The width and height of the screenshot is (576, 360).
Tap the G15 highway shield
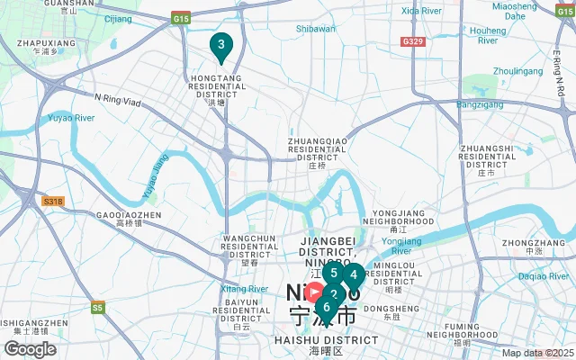[183, 18]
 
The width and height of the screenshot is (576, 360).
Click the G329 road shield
[413, 42]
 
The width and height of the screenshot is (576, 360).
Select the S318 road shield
[53, 202]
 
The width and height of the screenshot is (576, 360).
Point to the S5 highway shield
[97, 308]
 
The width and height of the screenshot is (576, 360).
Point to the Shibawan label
[316, 28]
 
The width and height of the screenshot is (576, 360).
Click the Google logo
[30, 349]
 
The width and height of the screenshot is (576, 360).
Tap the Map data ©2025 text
[537, 354]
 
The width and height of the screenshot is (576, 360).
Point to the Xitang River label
[245, 288]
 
